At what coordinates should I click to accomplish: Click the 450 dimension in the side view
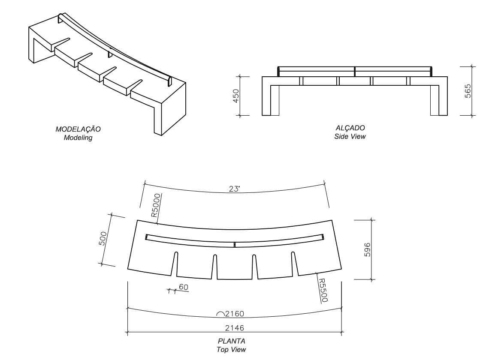(x=235, y=96)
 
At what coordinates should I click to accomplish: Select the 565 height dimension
(x=468, y=91)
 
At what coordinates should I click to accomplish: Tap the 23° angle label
(x=234, y=189)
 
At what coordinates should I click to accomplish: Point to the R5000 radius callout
(x=156, y=205)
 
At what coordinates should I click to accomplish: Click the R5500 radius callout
(x=323, y=290)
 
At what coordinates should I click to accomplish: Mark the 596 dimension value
(x=367, y=249)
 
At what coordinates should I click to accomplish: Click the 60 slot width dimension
(x=184, y=287)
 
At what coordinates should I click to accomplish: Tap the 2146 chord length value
(x=235, y=328)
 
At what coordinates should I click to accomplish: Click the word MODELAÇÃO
(x=78, y=129)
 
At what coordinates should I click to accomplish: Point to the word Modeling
(x=78, y=138)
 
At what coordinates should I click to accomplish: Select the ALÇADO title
(x=350, y=128)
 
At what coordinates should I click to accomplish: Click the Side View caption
(x=350, y=136)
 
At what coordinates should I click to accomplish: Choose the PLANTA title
(x=232, y=341)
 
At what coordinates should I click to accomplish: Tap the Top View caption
(x=232, y=350)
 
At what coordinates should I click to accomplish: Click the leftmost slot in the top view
(x=175, y=264)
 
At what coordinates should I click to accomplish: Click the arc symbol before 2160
(x=220, y=314)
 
